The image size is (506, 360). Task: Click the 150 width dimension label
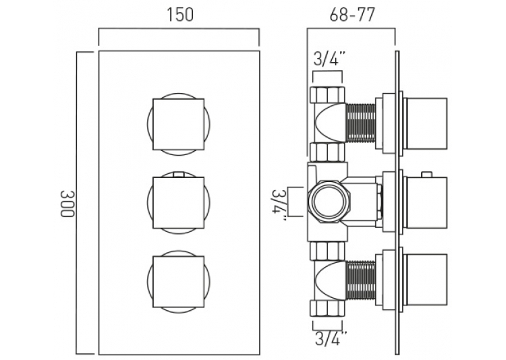pyautogui.click(x=180, y=15)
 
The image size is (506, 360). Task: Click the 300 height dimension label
pyautogui.click(x=67, y=204)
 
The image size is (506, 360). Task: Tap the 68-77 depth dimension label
pyautogui.click(x=352, y=15)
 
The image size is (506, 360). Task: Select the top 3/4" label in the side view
pyautogui.click(x=327, y=59)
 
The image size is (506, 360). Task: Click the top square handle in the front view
pyautogui.click(x=179, y=124)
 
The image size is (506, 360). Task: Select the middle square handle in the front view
pyautogui.click(x=179, y=203)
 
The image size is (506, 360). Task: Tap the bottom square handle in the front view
pyautogui.click(x=179, y=282)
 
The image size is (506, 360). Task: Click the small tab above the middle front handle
pyautogui.click(x=179, y=175)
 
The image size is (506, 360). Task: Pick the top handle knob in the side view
pyautogui.click(x=426, y=123)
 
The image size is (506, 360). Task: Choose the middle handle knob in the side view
pyautogui.click(x=426, y=202)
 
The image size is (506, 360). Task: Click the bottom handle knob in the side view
pyautogui.click(x=426, y=279)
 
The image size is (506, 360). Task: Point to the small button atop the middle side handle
pyautogui.click(x=426, y=175)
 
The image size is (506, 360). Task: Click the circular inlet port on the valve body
pyautogui.click(x=329, y=202)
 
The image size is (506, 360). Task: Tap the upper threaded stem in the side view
pyautogui.click(x=361, y=123)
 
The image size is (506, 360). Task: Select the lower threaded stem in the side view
pyautogui.click(x=361, y=280)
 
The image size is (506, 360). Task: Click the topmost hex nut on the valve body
pyautogui.click(x=327, y=95)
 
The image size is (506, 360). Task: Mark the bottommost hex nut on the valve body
pyautogui.click(x=327, y=309)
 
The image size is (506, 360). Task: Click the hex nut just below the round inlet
pyautogui.click(x=327, y=251)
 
